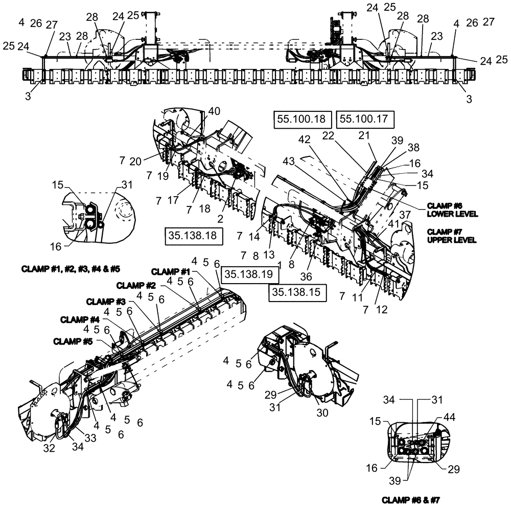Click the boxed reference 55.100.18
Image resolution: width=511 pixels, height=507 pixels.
301,119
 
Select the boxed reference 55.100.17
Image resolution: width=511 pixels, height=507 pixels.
363,119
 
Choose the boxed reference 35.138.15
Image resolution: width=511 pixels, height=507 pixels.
295,292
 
